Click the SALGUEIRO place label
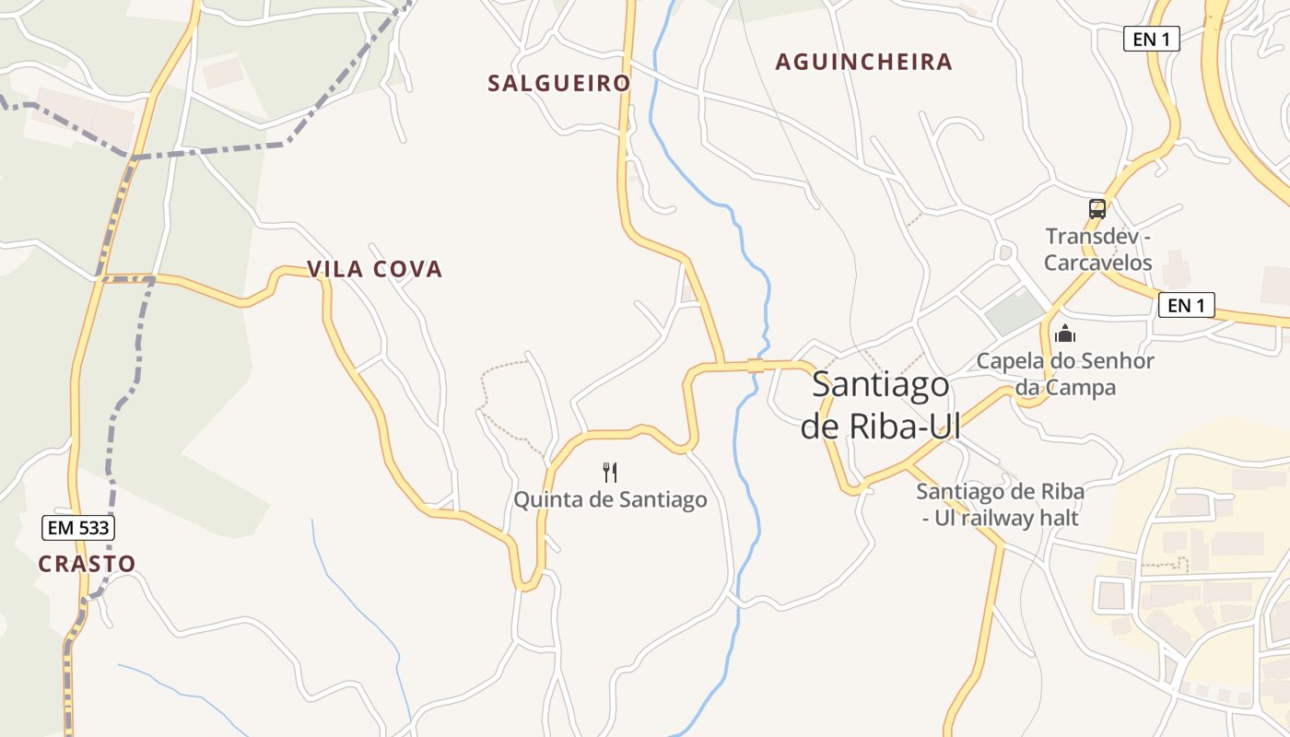pyautogui.click(x=558, y=83)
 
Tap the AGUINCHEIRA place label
pyautogui.click(x=863, y=62)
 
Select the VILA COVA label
pyautogui.click(x=374, y=269)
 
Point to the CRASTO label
pyautogui.click(x=87, y=564)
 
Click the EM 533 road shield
pyautogui.click(x=78, y=528)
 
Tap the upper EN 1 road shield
pyautogui.click(x=1152, y=39)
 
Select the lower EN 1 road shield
pyautogui.click(x=1186, y=306)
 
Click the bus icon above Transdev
pyautogui.click(x=1096, y=209)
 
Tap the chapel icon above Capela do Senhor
pyautogui.click(x=1065, y=333)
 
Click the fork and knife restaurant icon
pyautogui.click(x=609, y=473)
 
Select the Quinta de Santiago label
pyautogui.click(x=610, y=500)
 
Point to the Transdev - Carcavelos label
pyautogui.click(x=1097, y=250)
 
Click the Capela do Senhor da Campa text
pyautogui.click(x=1065, y=374)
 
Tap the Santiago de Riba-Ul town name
pyautogui.click(x=880, y=405)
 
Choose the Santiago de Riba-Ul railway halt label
pyautogui.click(x=1000, y=505)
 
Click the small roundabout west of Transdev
pyautogui.click(x=1004, y=252)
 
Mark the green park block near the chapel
pyautogui.click(x=1016, y=312)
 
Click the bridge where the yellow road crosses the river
pyautogui.click(x=756, y=366)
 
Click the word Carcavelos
pyautogui.click(x=1097, y=263)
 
